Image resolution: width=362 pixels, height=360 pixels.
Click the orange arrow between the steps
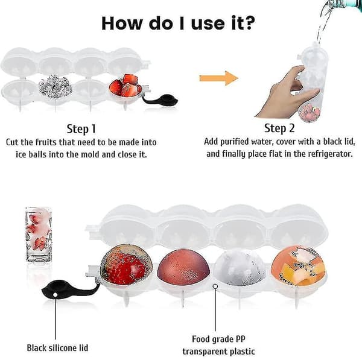[218, 78]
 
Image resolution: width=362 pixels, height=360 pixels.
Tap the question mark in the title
[249, 23]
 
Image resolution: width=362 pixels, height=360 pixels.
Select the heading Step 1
[81, 129]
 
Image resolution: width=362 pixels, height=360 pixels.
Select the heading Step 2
[279, 128]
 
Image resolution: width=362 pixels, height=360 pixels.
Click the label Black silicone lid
[57, 348]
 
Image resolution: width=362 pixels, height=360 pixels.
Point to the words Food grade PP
[218, 339]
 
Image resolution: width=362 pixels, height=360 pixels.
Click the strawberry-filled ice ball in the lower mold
[126, 265]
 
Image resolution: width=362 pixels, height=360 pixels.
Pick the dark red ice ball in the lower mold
[183, 267]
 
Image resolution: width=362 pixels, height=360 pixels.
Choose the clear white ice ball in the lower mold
[240, 268]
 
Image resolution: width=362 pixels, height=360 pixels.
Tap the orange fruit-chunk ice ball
[298, 266]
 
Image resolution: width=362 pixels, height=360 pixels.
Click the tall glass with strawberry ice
[39, 235]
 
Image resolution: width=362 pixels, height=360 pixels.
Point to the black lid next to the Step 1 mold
[161, 99]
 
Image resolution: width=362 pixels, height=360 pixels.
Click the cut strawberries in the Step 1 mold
[125, 86]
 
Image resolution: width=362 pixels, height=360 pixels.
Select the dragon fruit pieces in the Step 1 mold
[55, 87]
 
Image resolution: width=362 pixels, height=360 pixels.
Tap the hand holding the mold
[288, 92]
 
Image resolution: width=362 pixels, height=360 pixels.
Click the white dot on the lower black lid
[55, 295]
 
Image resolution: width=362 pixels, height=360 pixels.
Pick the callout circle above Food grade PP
[215, 286]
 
